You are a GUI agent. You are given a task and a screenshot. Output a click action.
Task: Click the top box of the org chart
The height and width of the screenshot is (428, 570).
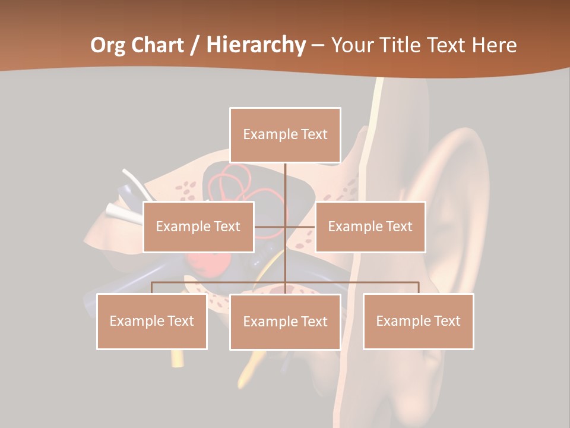point(285,135)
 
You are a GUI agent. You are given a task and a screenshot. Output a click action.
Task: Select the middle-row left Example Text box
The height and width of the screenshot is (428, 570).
point(198,226)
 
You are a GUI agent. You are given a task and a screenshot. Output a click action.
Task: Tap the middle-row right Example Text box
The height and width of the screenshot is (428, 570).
point(370,226)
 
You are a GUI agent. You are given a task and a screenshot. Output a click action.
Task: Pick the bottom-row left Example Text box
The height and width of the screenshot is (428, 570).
point(152,321)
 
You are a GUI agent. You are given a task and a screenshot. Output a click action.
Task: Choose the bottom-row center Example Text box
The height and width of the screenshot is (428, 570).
point(285,322)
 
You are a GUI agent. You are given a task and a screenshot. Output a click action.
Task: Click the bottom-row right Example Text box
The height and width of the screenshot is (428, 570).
point(418,321)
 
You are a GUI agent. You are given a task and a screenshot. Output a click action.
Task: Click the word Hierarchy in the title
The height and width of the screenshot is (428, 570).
point(256,45)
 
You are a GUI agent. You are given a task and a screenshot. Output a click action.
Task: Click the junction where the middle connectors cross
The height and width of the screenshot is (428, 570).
point(285,226)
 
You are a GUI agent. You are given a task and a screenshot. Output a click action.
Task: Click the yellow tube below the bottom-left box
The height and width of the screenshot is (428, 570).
point(176,357)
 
